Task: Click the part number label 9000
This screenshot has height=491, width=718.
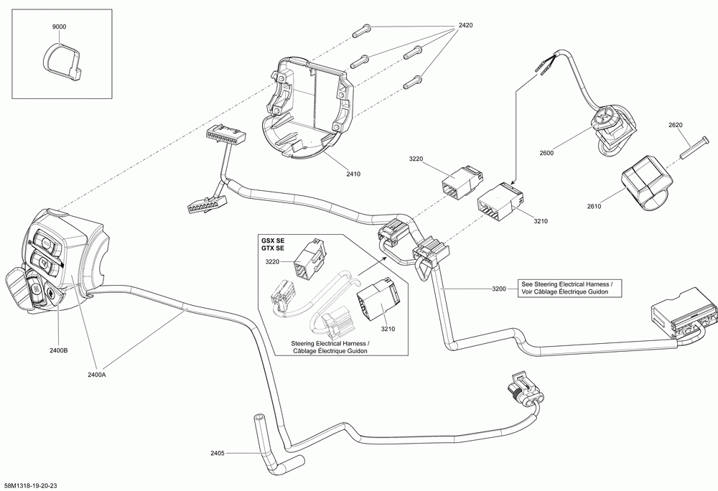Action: pos(59,27)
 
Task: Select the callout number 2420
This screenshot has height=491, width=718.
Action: pos(465,26)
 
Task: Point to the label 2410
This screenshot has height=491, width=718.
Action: pos(353,174)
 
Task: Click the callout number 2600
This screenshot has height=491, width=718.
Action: pos(546,154)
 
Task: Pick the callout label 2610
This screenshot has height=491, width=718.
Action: pos(594,206)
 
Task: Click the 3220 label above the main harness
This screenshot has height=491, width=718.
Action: pos(416,159)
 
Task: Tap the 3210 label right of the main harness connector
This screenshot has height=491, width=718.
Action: pos(541,221)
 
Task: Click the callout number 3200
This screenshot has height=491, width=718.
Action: pos(499,289)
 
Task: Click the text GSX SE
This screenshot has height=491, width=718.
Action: pos(273,240)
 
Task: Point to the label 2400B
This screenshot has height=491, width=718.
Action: pos(59,351)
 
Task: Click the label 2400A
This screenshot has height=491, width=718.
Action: pos(97,375)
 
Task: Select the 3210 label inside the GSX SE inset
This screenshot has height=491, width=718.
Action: pos(388,329)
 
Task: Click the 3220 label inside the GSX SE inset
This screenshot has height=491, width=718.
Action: pos(272,262)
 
